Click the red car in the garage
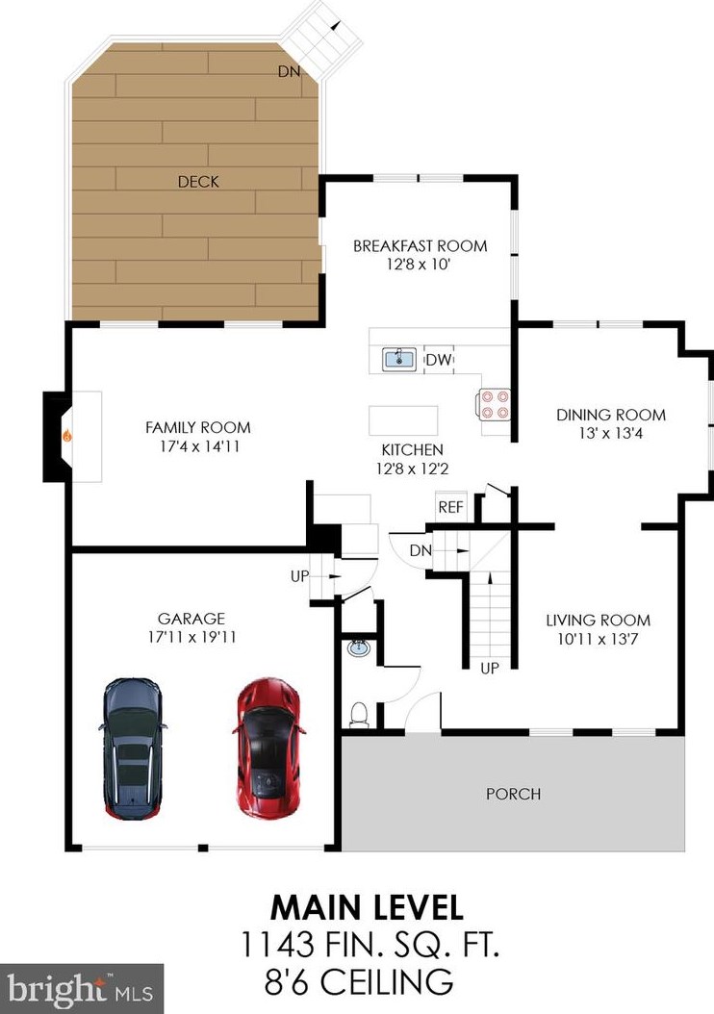[x=268, y=748]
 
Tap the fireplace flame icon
[x=66, y=437]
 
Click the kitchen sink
[x=399, y=359]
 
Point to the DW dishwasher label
[x=439, y=360]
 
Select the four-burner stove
[x=495, y=404]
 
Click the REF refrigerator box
[x=450, y=507]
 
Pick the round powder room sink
[x=358, y=647]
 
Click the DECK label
[x=198, y=182]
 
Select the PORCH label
[x=514, y=794]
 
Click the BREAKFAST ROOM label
[x=421, y=245]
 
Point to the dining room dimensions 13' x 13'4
[x=611, y=433]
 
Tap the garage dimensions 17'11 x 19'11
[x=192, y=637]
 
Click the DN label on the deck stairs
[x=289, y=71]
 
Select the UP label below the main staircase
[x=490, y=668]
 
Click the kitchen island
[x=403, y=420]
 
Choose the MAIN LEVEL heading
[x=367, y=907]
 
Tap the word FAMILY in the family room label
[x=169, y=427]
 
